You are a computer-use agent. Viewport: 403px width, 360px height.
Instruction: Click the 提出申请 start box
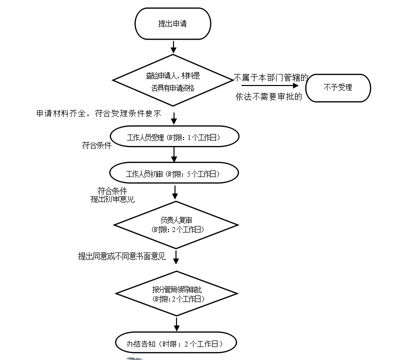coord(172,23)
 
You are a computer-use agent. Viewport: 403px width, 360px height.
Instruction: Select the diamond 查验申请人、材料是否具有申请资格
coord(172,80)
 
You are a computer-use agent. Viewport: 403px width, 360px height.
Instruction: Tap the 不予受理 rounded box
coord(338,88)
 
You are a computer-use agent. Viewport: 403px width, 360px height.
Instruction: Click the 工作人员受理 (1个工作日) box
coord(174,136)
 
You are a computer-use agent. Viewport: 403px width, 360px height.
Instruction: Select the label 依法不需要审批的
coord(269,97)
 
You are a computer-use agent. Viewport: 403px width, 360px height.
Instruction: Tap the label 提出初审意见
coord(112,199)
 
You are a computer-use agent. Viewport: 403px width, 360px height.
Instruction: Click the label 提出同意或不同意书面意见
coord(121,256)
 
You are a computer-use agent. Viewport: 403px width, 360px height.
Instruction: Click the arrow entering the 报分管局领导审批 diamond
coord(176,257)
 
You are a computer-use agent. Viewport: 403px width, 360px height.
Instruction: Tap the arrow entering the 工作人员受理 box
coord(173,118)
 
